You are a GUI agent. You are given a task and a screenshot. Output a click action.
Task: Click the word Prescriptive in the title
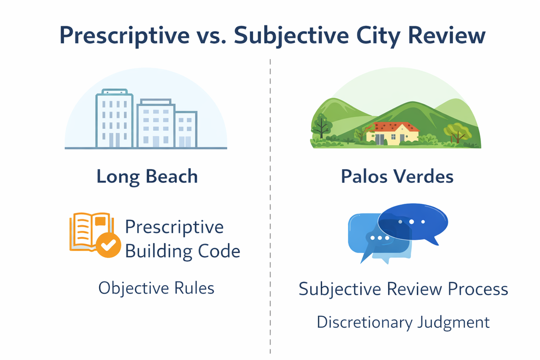point(124,35)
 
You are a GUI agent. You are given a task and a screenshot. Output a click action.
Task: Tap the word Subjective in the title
point(291,35)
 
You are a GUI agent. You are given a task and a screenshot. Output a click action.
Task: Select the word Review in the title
point(447,35)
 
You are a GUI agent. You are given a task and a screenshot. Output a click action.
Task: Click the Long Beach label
point(147,177)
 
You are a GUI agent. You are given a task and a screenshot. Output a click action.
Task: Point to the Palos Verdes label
point(397,177)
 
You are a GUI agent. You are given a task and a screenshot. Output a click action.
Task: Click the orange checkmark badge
point(109,245)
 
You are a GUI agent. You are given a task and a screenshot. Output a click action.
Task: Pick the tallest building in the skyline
point(114,119)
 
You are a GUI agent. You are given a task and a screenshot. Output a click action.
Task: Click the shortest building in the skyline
point(186,130)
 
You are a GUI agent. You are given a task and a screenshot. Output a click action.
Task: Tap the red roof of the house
point(396,127)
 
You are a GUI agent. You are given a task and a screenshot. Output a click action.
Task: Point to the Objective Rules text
point(156,288)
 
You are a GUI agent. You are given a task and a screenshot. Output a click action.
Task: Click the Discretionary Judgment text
point(403,323)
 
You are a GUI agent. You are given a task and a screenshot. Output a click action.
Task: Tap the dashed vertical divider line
point(271,207)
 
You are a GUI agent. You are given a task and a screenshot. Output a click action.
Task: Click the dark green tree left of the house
point(322,126)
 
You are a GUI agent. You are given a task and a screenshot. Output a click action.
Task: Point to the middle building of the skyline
point(156,123)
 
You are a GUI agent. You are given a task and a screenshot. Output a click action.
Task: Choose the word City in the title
point(378,36)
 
